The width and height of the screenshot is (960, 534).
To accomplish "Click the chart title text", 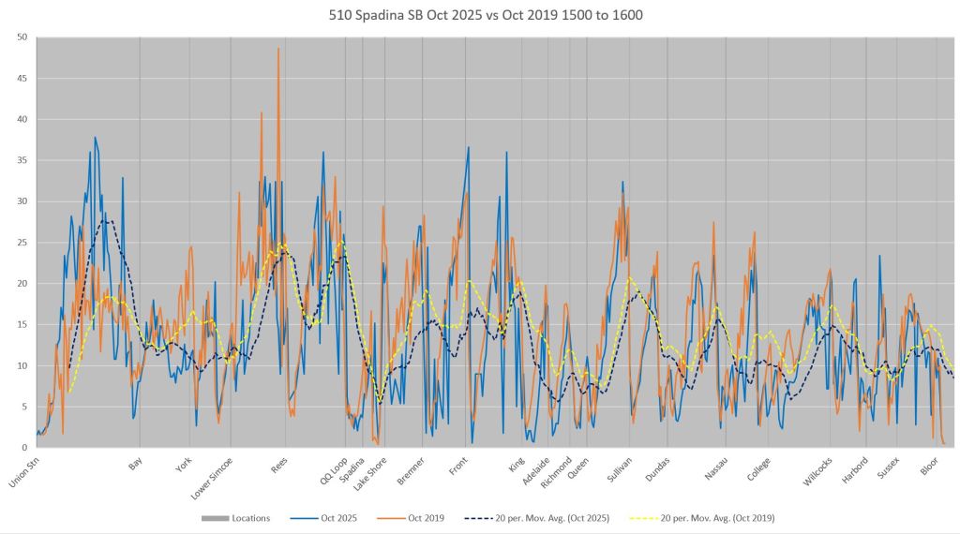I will coord(481,16).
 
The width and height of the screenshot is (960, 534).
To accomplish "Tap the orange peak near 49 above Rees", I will coord(278,49).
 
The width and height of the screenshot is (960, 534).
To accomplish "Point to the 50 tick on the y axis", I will coord(22,37).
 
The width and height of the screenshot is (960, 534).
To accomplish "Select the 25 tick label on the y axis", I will coord(22,243).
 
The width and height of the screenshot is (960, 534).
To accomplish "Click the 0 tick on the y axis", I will coord(24,447).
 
